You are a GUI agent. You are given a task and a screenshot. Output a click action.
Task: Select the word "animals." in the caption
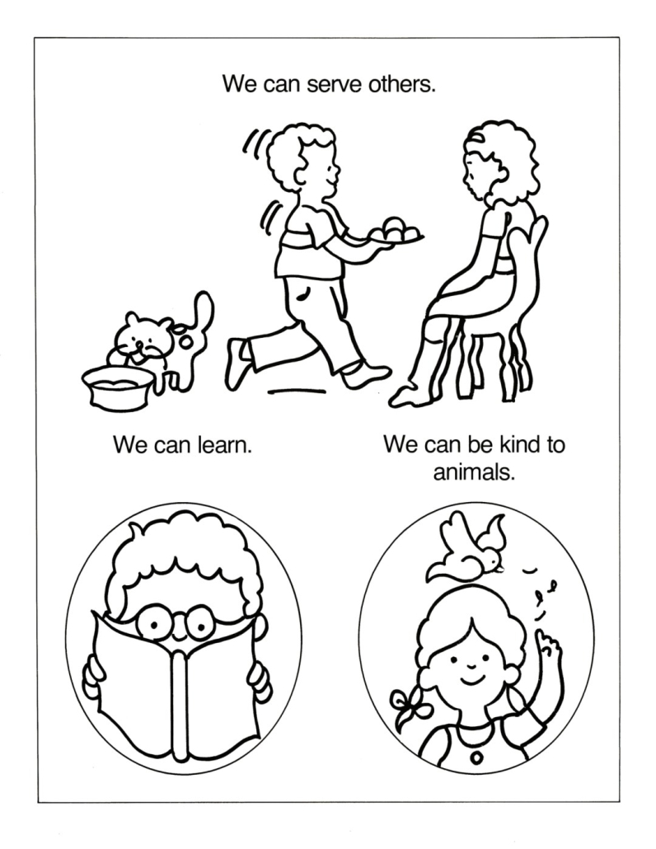(x=473, y=472)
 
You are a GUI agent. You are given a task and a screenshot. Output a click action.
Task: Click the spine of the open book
(x=178, y=703)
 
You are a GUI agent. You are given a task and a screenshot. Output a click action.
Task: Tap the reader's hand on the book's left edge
(x=91, y=677)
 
